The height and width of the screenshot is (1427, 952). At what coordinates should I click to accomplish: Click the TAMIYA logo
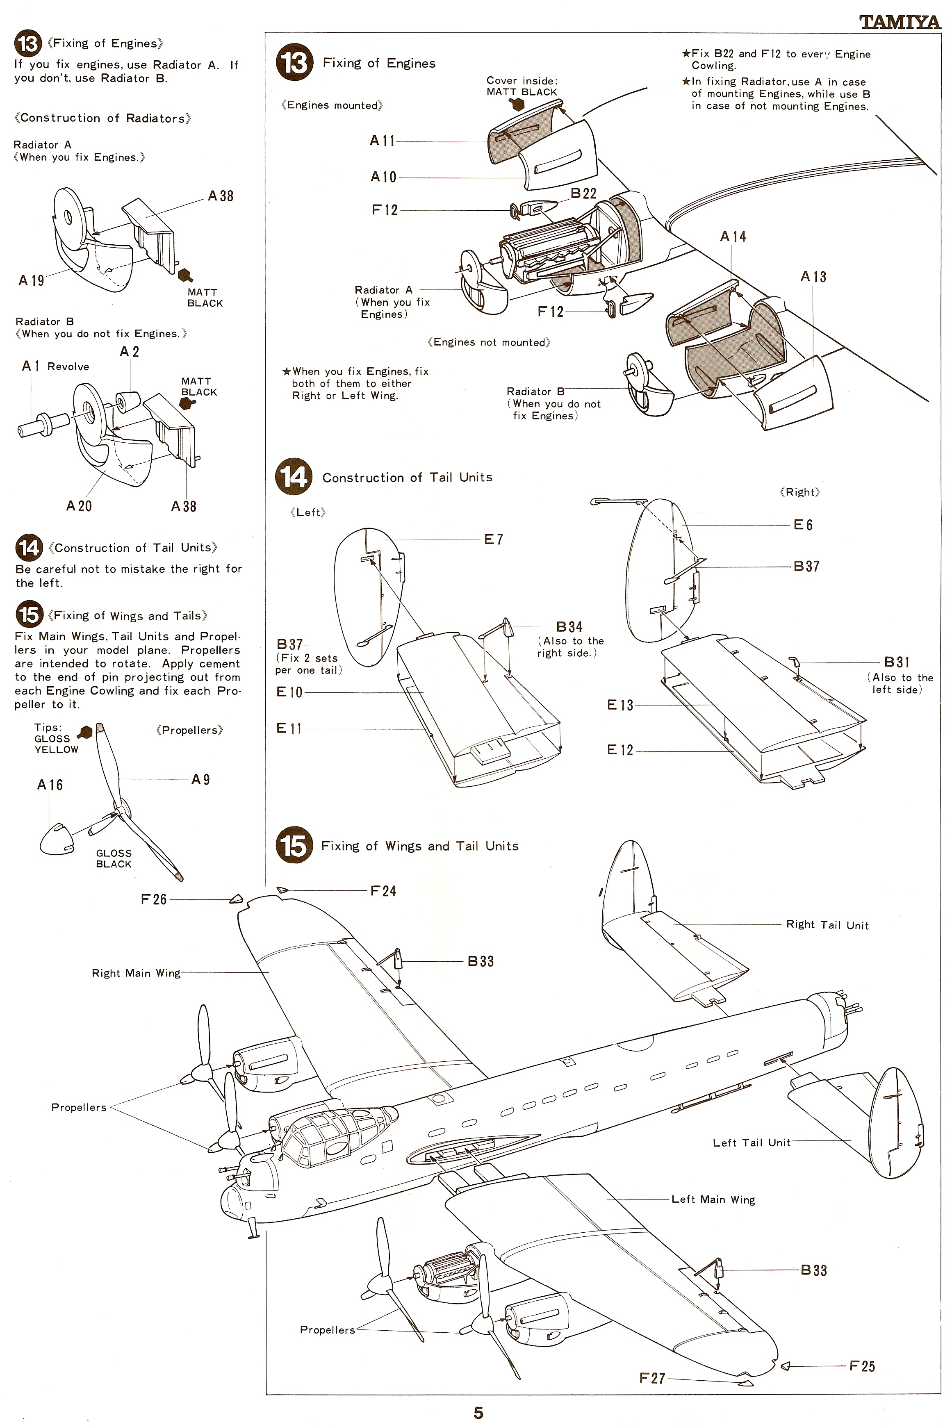900,23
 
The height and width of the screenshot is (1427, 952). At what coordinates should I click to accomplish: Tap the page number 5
478,1412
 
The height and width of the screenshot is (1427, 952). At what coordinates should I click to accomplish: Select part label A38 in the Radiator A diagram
221,196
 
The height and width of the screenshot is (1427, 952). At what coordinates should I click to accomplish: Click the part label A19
31,280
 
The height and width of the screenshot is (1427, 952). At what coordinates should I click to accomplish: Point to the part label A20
79,505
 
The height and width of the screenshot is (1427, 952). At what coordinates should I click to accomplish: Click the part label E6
803,525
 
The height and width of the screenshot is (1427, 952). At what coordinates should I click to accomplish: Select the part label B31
897,662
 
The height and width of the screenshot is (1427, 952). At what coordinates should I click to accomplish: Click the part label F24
383,891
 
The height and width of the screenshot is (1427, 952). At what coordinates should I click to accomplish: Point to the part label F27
652,1379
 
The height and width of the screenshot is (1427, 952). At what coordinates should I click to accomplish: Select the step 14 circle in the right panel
294,477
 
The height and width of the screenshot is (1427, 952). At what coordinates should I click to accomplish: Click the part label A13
813,277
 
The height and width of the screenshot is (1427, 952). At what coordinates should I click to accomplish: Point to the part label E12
620,750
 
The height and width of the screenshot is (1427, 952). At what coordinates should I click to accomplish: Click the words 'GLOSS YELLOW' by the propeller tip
57,744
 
